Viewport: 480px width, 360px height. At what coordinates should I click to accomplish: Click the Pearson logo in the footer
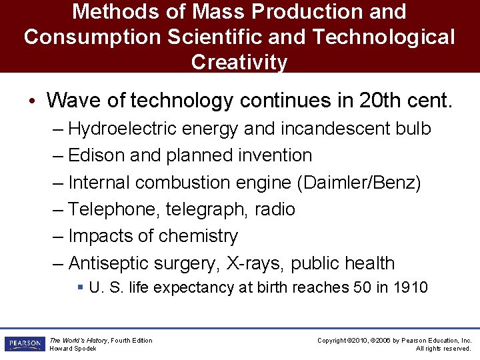pyautogui.click(x=24, y=344)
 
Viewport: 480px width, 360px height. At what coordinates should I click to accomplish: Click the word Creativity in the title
pyautogui.click(x=239, y=62)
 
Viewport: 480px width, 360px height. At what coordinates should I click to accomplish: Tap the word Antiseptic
pyautogui.click(x=109, y=263)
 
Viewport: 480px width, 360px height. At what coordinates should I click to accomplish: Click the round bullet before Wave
pyautogui.click(x=32, y=101)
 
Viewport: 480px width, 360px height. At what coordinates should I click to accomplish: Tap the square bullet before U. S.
pyautogui.click(x=79, y=288)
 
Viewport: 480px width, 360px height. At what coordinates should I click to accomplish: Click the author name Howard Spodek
pyautogui.click(x=73, y=349)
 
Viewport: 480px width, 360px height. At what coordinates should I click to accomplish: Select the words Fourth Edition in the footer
pyautogui.click(x=131, y=341)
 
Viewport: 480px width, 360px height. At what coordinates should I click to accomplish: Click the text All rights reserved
pyautogui.click(x=443, y=349)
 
